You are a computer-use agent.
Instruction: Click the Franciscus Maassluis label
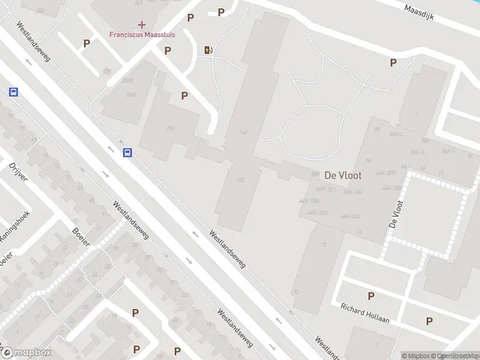pyautogui.click(x=142, y=34)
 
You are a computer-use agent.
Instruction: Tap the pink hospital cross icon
pyautogui.click(x=142, y=25)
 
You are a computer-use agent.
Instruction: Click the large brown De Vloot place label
pyautogui.click(x=343, y=175)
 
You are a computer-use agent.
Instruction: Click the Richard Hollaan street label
pyautogui.click(x=365, y=313)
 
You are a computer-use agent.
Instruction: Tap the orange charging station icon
pyautogui.click(x=208, y=50)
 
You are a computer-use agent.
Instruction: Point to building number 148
pyautogui.click(x=243, y=133)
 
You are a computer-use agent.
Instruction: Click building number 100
pyautogui.click(x=241, y=179)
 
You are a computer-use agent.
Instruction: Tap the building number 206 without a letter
pyautogui.click(x=170, y=128)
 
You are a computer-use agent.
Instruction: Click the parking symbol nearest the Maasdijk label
pyautogui.click(x=394, y=62)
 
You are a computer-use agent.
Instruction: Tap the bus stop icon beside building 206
pyautogui.click(x=128, y=152)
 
